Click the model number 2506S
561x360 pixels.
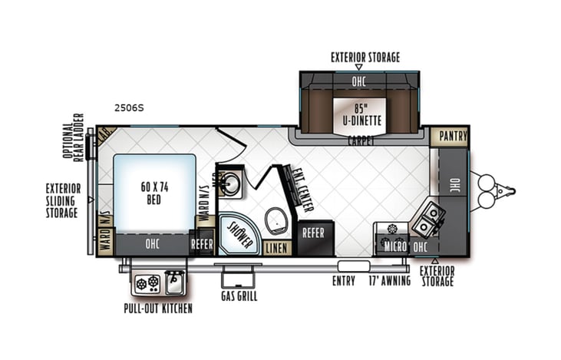[128, 108]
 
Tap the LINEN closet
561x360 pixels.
[276, 248]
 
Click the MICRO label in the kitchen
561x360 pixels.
[395, 246]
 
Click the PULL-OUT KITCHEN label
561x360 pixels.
[158, 309]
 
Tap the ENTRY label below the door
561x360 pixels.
[343, 281]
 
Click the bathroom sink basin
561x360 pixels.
[229, 182]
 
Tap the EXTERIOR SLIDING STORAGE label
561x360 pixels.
[62, 200]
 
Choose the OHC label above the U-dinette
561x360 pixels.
[358, 80]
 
